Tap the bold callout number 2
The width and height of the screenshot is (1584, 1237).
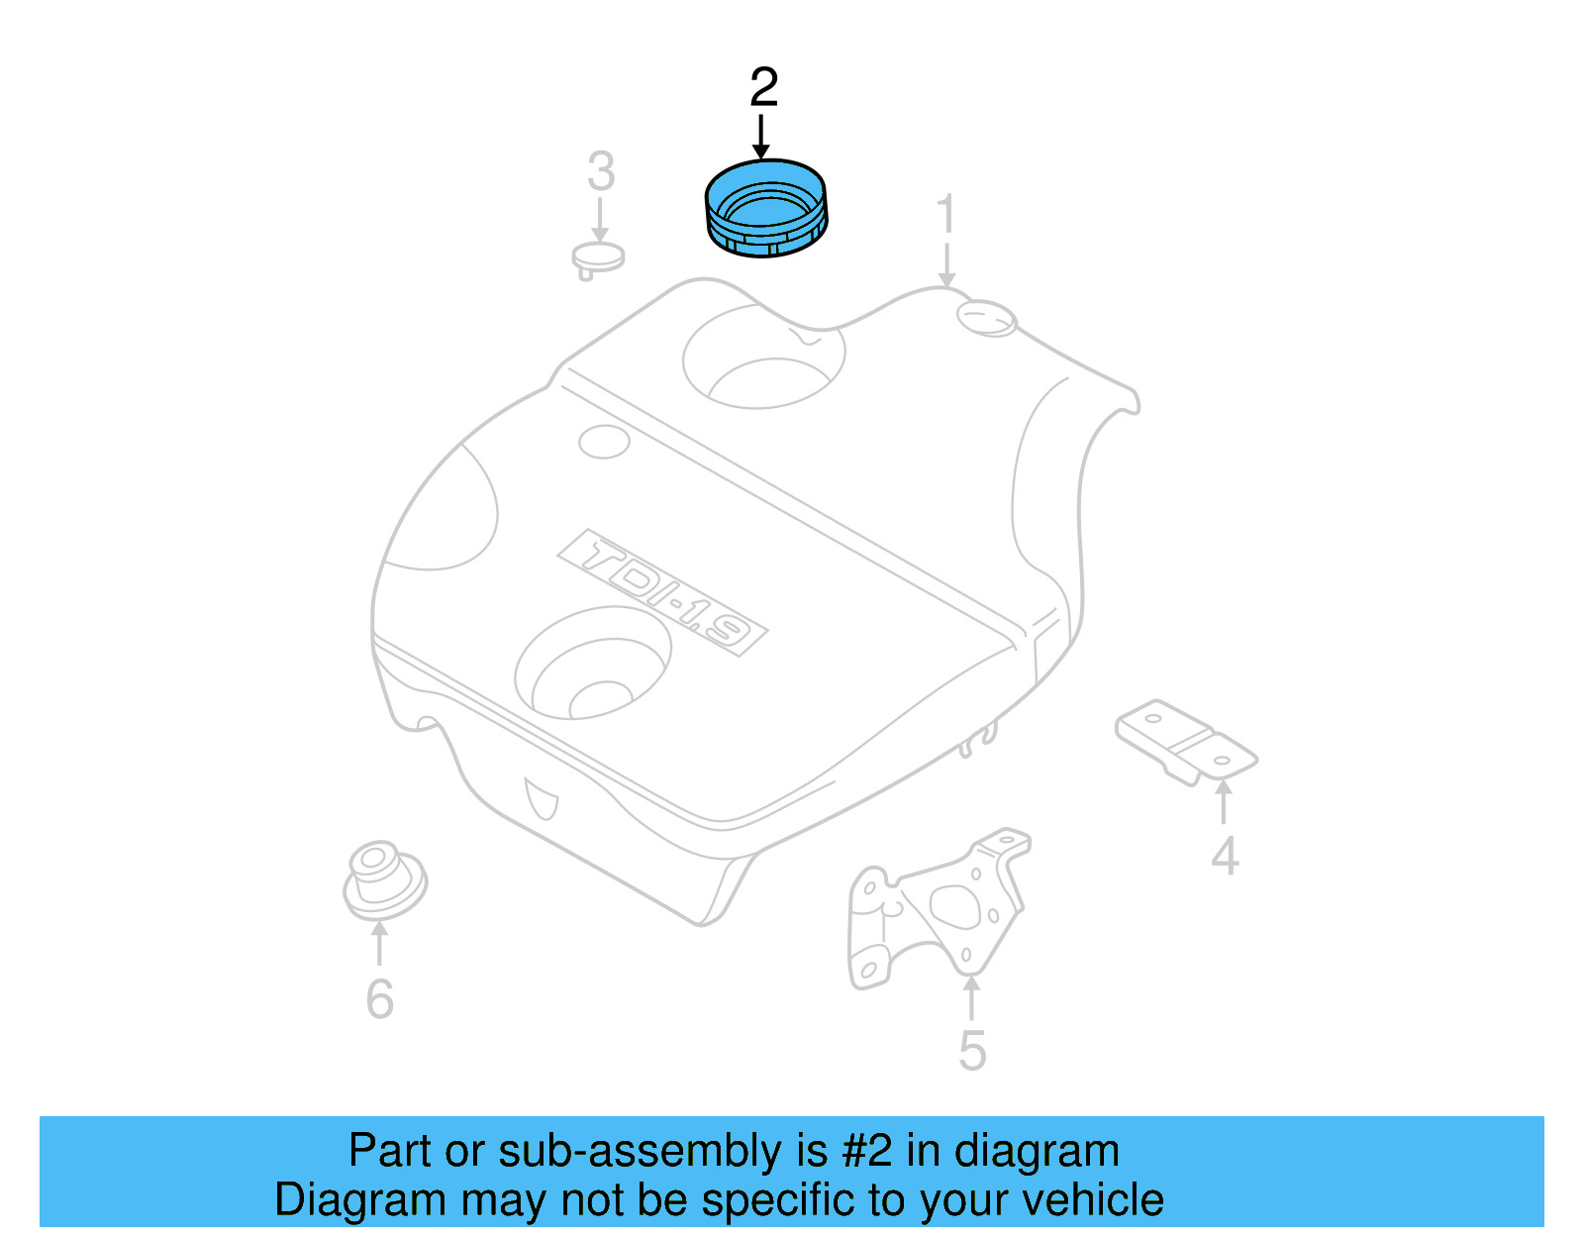(x=763, y=87)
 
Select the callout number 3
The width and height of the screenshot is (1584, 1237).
(x=601, y=171)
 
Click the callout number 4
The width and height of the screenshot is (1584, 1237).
(x=1225, y=857)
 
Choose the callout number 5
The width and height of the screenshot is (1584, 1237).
(x=972, y=1050)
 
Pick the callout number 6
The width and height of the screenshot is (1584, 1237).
(x=379, y=998)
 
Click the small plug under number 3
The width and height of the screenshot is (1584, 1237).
(x=598, y=258)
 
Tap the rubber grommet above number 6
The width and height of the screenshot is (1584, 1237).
(x=384, y=879)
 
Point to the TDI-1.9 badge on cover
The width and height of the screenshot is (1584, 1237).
(x=662, y=592)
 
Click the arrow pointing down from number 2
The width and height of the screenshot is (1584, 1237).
(x=760, y=137)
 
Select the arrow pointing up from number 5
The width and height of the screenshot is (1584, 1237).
(x=972, y=998)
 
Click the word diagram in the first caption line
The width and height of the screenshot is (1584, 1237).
(x=1037, y=1151)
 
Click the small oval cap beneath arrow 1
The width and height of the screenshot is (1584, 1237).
(x=986, y=318)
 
